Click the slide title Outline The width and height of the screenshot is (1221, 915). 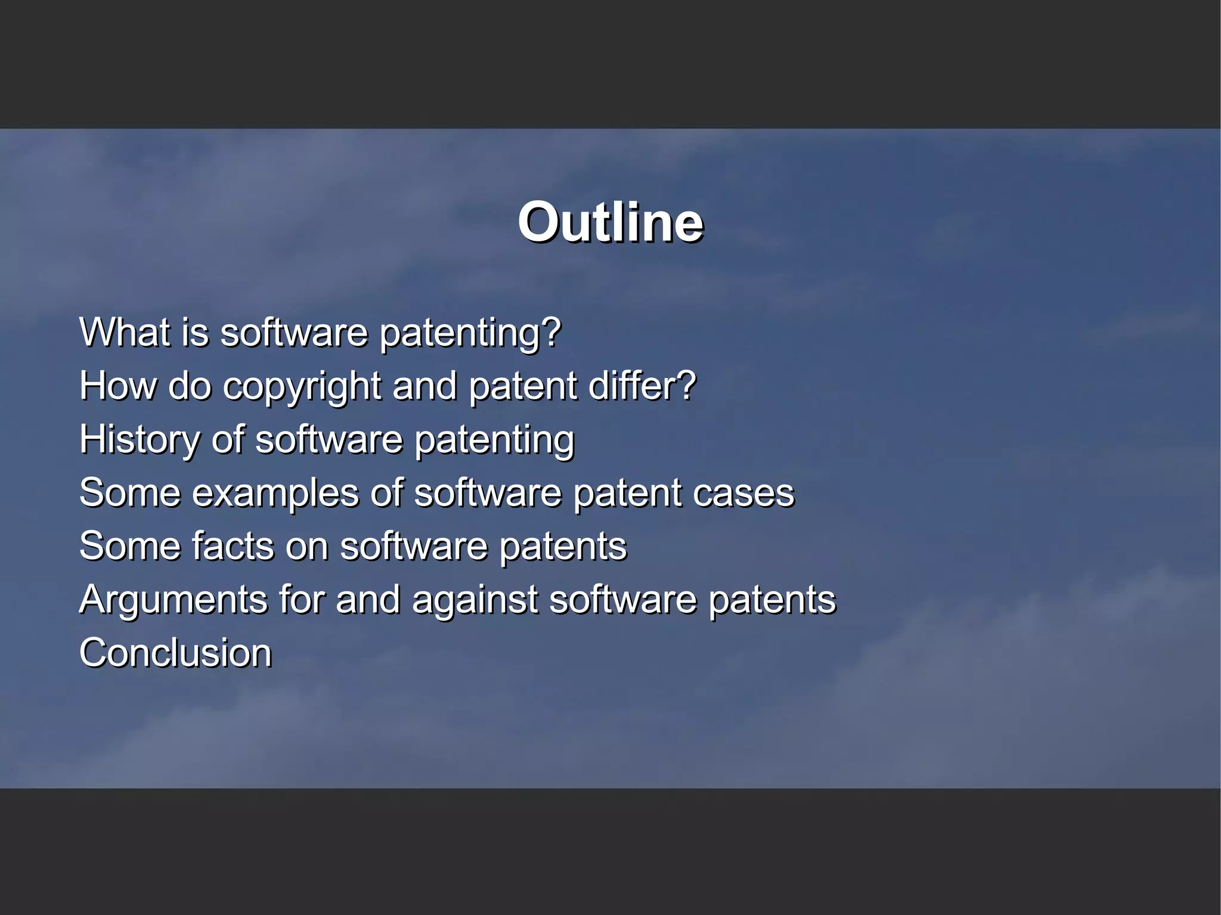coord(610,222)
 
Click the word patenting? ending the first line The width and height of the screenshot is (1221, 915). coord(470,333)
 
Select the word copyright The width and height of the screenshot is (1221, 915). coord(302,386)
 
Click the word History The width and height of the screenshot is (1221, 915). coord(140,439)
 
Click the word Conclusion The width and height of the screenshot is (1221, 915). coord(175,653)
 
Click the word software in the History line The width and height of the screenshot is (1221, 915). coord(329,439)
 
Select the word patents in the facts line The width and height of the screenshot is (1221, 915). coord(563,546)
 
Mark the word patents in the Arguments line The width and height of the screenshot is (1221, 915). coord(772,600)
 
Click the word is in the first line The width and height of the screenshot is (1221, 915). coord(196,332)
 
